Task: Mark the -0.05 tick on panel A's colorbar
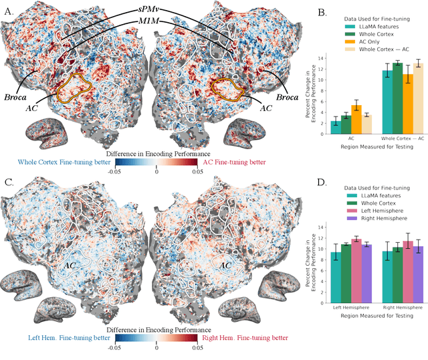pos(115,171)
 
